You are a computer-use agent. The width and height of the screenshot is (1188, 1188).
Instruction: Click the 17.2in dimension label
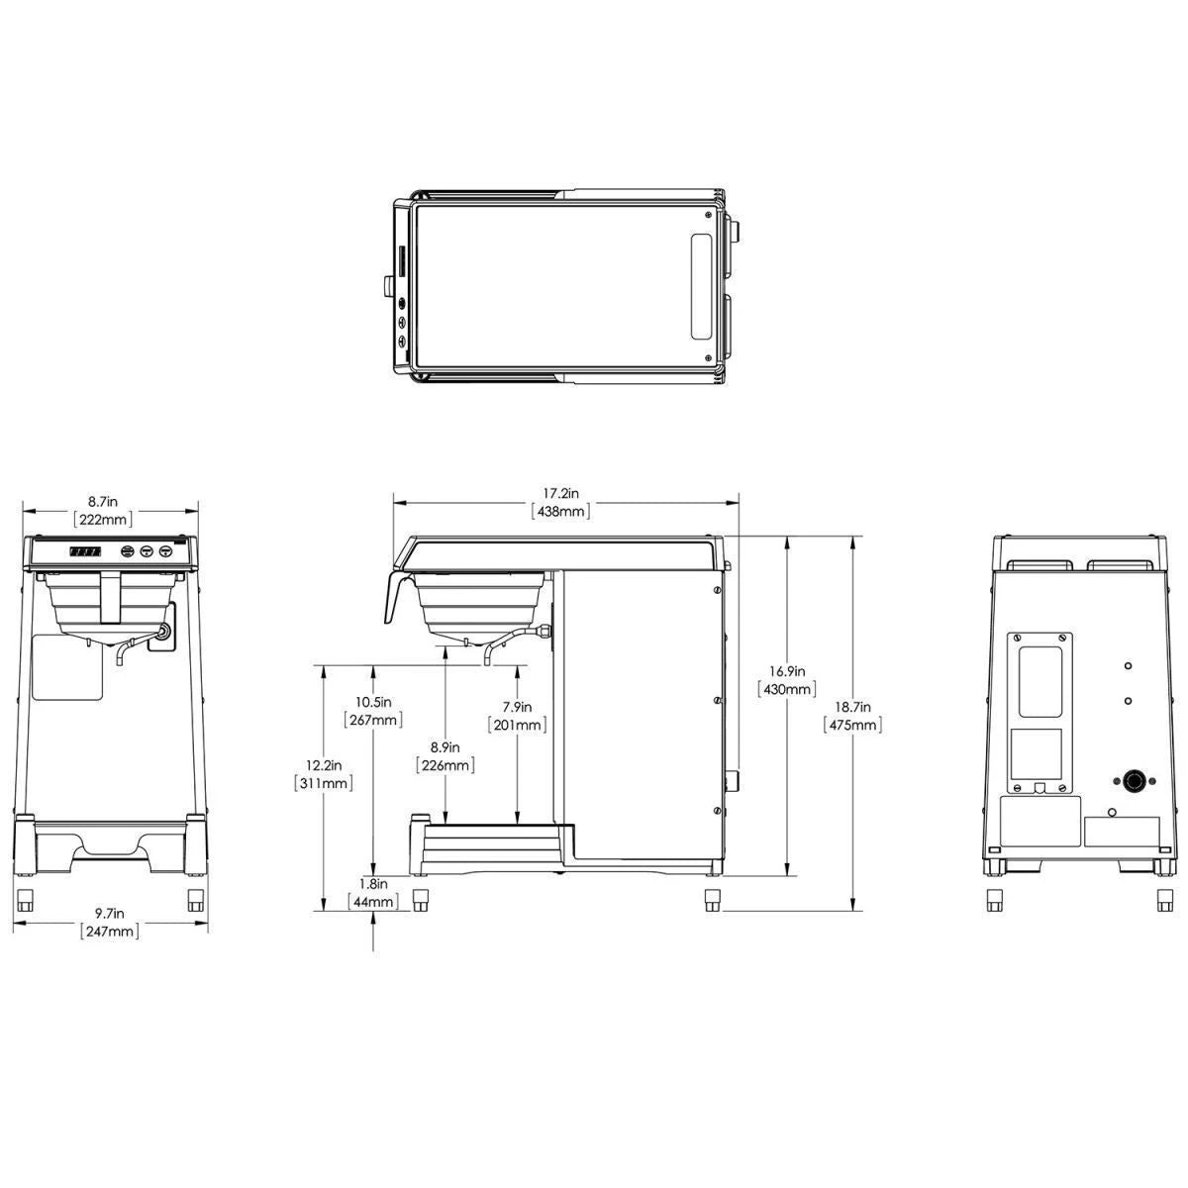pyautogui.click(x=560, y=493)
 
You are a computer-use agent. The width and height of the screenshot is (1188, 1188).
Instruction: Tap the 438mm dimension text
pyautogui.click(x=560, y=511)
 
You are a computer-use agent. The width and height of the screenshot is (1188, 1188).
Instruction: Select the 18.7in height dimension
pyautogui.click(x=852, y=707)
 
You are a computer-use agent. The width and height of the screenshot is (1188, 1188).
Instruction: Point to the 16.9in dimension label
pyautogui.click(x=787, y=671)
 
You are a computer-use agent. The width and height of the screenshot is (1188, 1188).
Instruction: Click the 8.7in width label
pyautogui.click(x=102, y=502)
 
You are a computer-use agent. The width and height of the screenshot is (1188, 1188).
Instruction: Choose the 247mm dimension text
pyautogui.click(x=110, y=931)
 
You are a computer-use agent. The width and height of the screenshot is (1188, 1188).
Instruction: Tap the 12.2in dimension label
pyautogui.click(x=324, y=765)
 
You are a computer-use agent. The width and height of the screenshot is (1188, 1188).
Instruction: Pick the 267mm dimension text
pyautogui.click(x=373, y=720)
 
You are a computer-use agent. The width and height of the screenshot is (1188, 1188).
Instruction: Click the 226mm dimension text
pyautogui.click(x=445, y=765)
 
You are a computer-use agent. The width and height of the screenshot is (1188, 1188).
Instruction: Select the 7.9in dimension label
pyautogui.click(x=517, y=707)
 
